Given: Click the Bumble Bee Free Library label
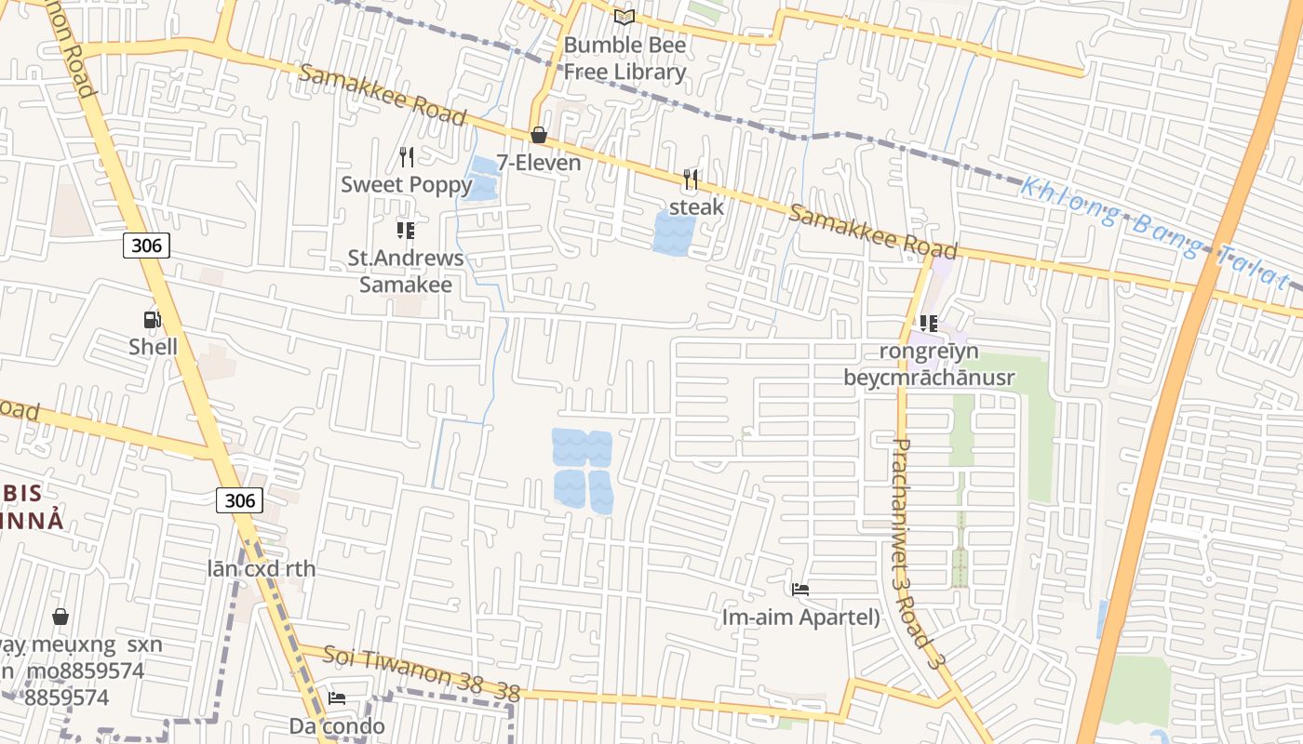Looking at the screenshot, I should tap(625, 58).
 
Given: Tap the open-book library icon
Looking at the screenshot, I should tap(624, 18).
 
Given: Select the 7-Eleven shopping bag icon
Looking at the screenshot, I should tap(538, 136).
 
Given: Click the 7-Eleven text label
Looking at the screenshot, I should tap(538, 163).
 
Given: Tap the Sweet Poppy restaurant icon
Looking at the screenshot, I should tap(406, 156).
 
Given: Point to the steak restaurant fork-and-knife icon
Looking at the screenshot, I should tap(690, 179).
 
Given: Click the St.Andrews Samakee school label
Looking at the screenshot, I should tap(406, 271).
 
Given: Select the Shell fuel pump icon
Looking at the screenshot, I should tap(152, 320).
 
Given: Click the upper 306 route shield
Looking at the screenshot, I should tap(146, 246).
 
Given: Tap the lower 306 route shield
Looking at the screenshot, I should tap(239, 500).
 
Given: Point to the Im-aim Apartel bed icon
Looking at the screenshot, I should tap(799, 589).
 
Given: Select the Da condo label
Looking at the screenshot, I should tap(337, 725).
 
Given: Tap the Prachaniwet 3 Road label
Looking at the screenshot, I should tap(915, 552).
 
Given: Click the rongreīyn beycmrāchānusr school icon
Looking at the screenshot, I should tap(928, 324).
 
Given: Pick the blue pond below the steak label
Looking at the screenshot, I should tap(674, 234).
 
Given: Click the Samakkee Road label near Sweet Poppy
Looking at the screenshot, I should tap(382, 95).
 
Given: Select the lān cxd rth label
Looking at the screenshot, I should tap(262, 568).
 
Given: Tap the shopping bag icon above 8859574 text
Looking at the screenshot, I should tap(60, 617).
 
